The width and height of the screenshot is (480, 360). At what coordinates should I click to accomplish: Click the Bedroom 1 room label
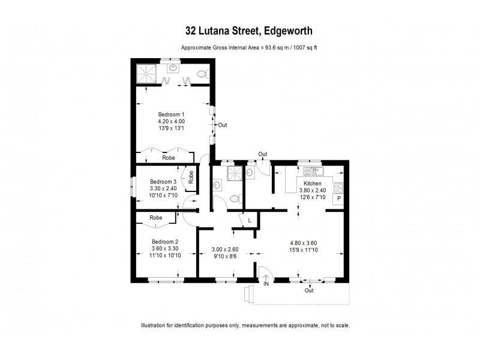click(171, 114)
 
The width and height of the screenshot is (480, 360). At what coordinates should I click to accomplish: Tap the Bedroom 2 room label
click(164, 242)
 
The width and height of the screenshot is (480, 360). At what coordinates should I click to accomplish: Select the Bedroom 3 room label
click(163, 181)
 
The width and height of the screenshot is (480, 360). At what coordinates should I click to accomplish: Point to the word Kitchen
click(313, 183)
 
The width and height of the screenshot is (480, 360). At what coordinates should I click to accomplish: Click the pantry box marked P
click(338, 199)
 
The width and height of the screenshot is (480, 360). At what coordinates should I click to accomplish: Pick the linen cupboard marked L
click(250, 221)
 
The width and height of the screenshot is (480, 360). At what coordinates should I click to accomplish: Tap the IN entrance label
click(266, 284)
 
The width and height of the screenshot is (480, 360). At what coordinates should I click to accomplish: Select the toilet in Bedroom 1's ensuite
click(202, 74)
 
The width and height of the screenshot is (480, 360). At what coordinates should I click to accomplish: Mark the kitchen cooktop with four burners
click(338, 185)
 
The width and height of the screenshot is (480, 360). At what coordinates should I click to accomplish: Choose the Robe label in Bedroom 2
click(156, 217)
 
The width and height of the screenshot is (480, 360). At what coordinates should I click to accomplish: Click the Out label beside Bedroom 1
click(223, 125)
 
